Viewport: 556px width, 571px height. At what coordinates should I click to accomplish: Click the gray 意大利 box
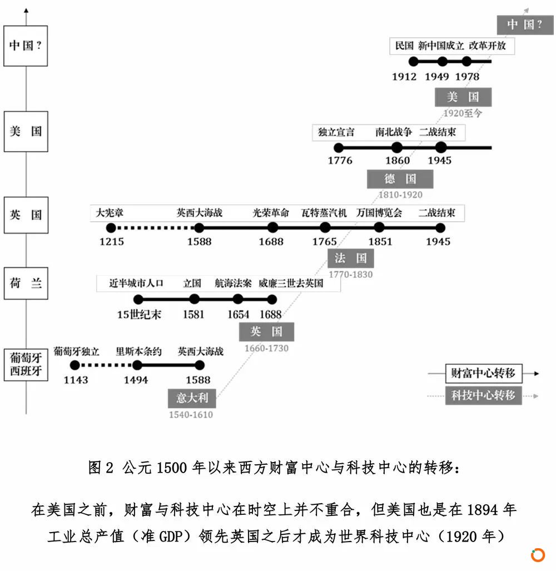(192, 398)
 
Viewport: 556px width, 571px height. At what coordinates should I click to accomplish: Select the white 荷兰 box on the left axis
(26, 284)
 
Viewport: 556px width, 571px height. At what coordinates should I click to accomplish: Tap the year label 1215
(112, 242)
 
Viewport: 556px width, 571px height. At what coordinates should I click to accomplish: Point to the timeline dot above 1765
(325, 228)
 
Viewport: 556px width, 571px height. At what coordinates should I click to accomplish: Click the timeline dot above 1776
(339, 148)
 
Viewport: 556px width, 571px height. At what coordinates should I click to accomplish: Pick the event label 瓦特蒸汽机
(324, 213)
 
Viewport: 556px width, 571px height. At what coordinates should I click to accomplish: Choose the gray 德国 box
(400, 179)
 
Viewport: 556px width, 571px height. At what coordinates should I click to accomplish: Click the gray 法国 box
(351, 259)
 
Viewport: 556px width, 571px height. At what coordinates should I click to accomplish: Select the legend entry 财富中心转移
(484, 373)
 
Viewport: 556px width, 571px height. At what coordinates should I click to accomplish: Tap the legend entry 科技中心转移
(484, 395)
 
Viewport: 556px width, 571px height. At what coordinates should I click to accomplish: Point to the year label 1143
(76, 380)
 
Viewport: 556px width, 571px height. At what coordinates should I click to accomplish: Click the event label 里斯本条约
(138, 351)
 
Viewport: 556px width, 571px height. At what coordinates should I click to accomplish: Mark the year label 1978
(467, 77)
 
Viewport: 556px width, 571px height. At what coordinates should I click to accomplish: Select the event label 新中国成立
(441, 46)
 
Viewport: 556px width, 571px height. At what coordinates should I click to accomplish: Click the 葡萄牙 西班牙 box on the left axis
(26, 365)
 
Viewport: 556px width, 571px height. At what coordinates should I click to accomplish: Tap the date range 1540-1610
(191, 415)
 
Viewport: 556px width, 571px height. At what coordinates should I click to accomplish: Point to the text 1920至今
(463, 113)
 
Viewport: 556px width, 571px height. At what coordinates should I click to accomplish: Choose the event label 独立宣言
(336, 132)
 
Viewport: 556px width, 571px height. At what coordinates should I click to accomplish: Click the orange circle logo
(538, 555)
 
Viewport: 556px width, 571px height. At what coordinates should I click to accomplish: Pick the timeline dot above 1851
(379, 228)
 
